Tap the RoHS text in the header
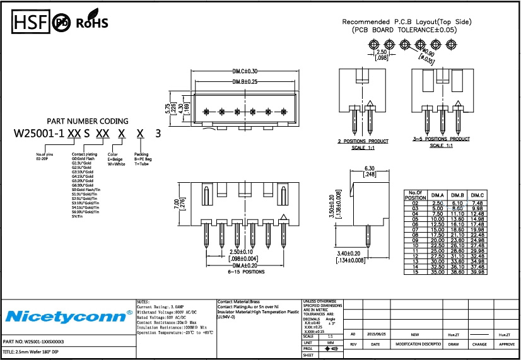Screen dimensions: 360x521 click(92, 23)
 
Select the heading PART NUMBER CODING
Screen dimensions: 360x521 click(88, 121)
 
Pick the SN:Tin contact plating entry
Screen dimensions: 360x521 click(78, 217)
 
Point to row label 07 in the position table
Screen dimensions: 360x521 click(415, 229)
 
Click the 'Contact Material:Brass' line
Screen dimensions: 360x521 click(238, 302)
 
